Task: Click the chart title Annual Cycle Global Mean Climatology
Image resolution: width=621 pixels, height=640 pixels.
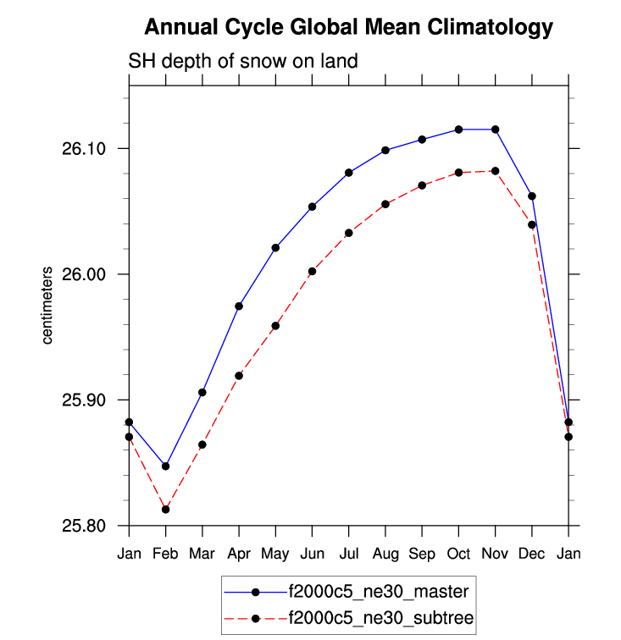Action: [x=348, y=28]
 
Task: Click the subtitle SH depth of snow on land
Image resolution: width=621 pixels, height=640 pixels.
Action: [x=243, y=61]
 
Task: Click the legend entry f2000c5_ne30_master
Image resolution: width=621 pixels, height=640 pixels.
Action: [x=378, y=590]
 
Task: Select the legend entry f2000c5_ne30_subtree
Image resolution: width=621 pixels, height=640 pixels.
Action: [x=379, y=619]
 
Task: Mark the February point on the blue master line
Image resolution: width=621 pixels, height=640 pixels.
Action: [x=165, y=466]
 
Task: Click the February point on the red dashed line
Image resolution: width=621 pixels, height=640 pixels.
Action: [x=165, y=510]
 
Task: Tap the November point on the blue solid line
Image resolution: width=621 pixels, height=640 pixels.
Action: [x=495, y=130]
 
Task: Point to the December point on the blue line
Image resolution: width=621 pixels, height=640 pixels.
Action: [x=531, y=196]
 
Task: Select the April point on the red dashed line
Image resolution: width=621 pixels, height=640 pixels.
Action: [x=239, y=376]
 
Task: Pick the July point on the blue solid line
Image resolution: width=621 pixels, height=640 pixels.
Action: [x=348, y=173]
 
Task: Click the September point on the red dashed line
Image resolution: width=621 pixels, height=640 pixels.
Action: [x=422, y=185]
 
